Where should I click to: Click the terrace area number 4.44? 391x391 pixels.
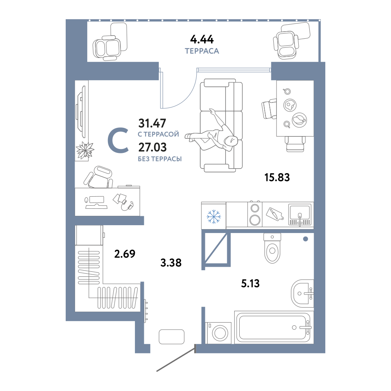202,39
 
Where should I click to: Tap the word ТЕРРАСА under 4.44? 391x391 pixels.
202,51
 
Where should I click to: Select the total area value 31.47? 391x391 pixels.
152,123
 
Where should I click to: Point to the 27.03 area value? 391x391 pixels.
152,147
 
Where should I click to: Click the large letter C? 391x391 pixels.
118,140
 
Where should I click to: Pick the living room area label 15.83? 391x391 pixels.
277,177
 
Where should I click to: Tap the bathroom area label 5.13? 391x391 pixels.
250,283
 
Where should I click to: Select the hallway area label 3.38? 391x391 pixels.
171,263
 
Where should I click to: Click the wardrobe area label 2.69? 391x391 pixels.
125,254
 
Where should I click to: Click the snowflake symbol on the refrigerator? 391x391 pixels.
214,217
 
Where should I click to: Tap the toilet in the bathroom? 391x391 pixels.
272,248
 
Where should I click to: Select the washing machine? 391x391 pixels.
218,333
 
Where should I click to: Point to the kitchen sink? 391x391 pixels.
300,215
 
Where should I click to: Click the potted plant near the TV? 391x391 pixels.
85,150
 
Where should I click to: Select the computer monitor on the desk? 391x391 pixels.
97,200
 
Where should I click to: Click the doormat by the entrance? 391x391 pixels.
172,337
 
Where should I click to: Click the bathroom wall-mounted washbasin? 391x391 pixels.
302,294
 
